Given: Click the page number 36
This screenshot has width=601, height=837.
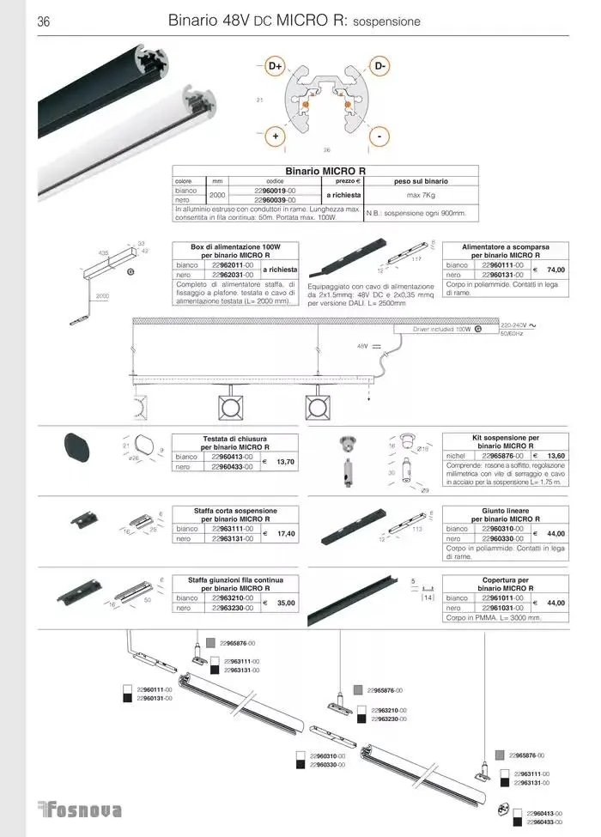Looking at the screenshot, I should (44, 21).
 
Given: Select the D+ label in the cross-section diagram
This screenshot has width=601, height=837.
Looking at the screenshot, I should (276, 65).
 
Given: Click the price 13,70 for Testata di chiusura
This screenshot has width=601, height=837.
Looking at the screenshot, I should (286, 462).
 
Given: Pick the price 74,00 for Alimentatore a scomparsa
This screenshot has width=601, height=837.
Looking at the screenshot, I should (555, 270).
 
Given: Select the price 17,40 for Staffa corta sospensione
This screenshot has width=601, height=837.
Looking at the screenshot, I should (286, 534).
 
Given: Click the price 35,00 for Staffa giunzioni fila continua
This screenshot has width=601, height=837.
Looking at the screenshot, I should (286, 603).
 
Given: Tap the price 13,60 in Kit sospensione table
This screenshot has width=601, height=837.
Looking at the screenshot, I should (555, 456).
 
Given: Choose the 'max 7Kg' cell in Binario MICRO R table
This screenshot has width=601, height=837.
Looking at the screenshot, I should (419, 196).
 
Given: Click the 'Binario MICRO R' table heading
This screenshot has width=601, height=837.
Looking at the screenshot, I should (325, 171).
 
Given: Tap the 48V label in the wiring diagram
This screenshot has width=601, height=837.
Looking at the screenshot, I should (361, 345).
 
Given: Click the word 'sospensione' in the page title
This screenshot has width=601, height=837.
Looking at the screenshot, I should (387, 21).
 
